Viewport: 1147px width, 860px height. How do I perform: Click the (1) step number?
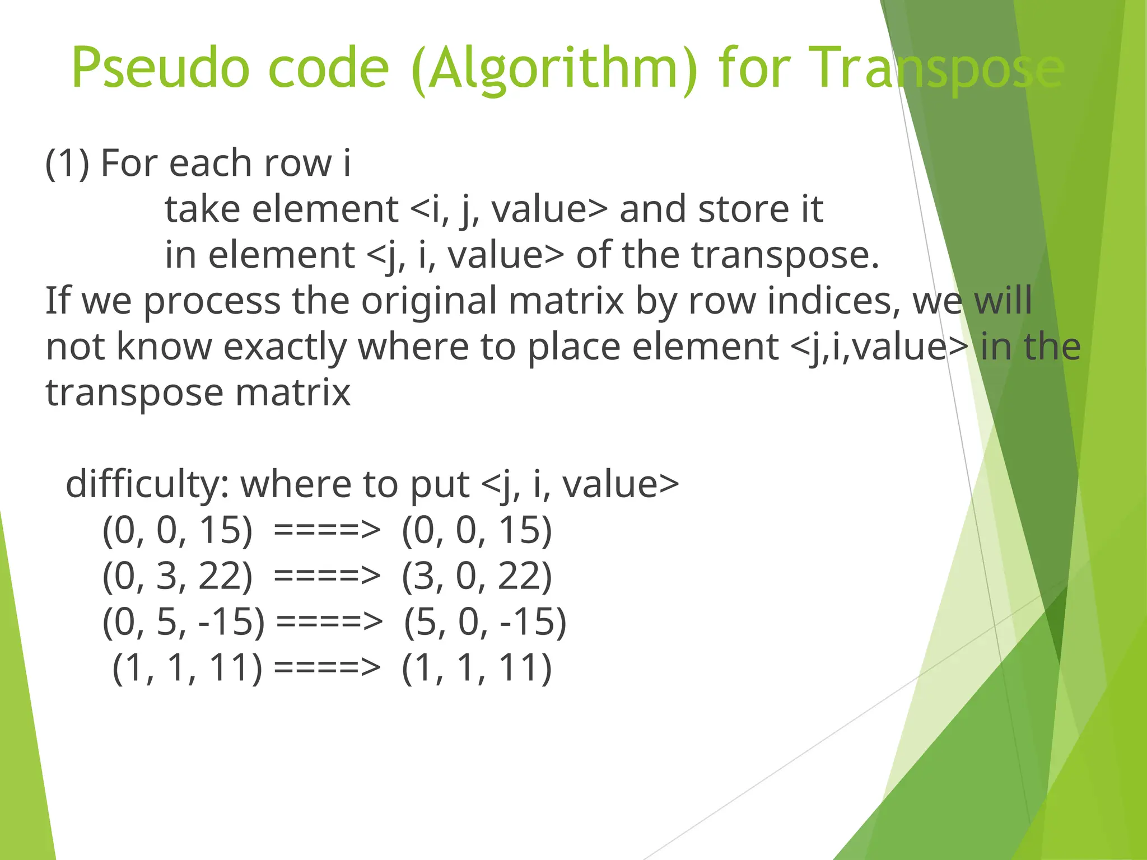tap(67, 163)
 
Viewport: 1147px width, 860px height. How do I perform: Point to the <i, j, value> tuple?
tap(509, 209)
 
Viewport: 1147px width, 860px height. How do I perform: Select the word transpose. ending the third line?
tap(784, 255)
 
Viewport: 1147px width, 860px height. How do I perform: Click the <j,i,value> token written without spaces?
tap(879, 347)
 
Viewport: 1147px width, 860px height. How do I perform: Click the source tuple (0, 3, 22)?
tap(177, 577)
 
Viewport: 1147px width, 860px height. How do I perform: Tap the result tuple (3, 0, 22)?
tap(477, 577)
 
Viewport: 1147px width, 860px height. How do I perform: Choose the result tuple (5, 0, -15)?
tap(485, 623)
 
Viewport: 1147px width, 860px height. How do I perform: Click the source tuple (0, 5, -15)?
tap(184, 623)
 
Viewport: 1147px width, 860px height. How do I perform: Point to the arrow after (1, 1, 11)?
tap(328, 669)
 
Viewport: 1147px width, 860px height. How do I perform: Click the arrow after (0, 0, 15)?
tap(328, 531)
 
